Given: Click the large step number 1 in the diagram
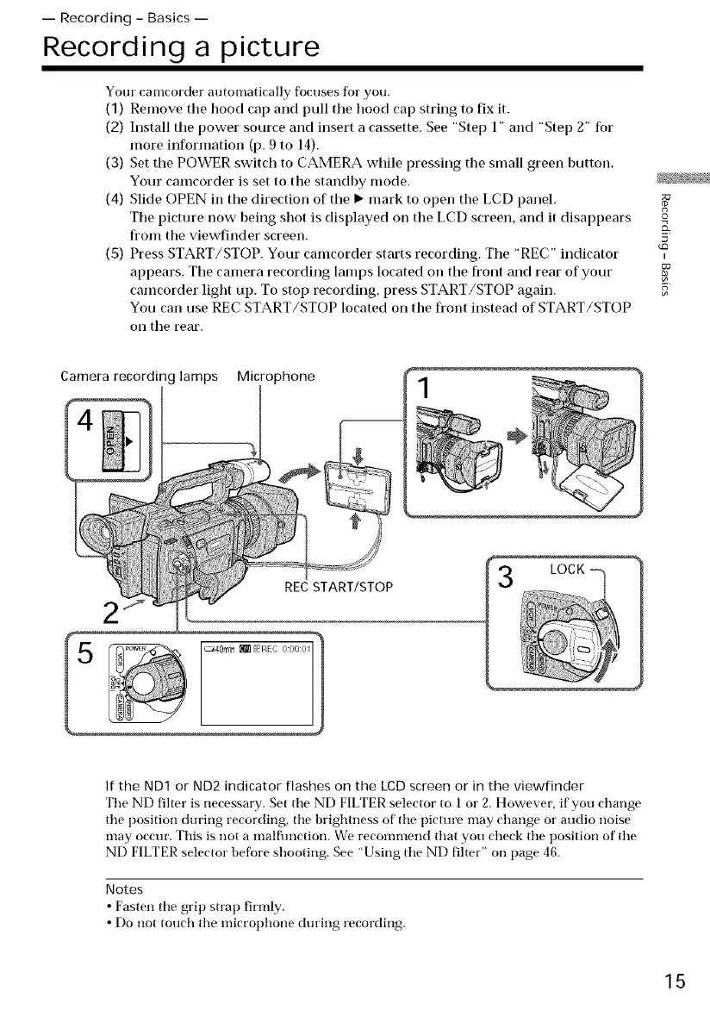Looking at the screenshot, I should coord(423,401).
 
